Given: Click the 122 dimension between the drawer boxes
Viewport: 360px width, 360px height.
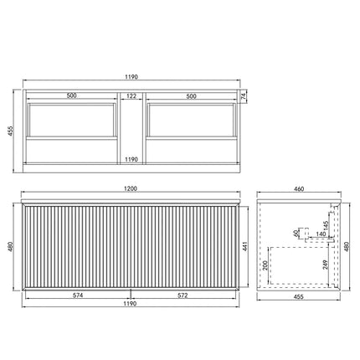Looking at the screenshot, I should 131,96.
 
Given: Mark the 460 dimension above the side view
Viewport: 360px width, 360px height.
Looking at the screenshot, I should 300,190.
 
